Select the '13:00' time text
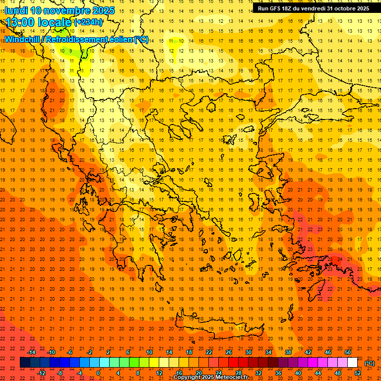20,23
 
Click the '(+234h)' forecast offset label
88,22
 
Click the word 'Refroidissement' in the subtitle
80,39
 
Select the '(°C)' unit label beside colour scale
369,363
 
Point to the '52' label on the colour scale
358,373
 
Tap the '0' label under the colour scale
98,373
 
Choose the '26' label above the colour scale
229,352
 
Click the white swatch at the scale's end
352,363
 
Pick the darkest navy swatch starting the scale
25,363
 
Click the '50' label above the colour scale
348,352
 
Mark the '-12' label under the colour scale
41,373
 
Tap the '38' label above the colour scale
288,352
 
